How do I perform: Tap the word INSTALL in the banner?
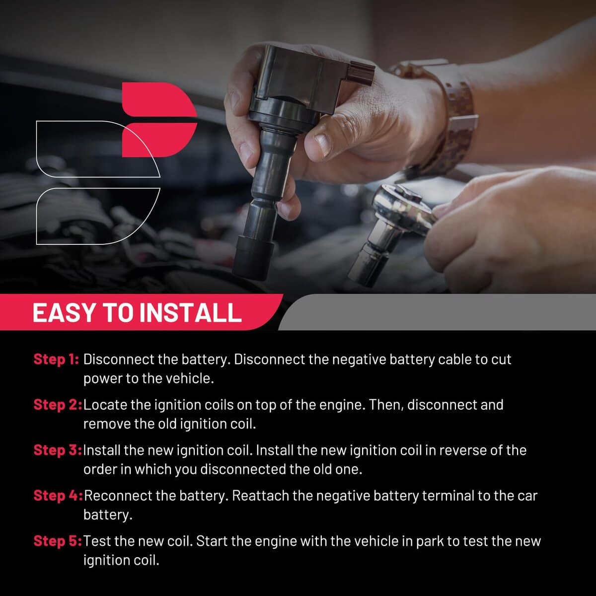[x=191, y=313]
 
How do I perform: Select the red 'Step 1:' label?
[x=56, y=360]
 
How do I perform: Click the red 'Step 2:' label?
[x=58, y=405]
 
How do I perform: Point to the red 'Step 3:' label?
[x=58, y=450]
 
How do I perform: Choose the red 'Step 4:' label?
[x=58, y=496]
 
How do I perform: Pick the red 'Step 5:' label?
[x=58, y=541]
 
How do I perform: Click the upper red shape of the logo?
[x=158, y=99]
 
